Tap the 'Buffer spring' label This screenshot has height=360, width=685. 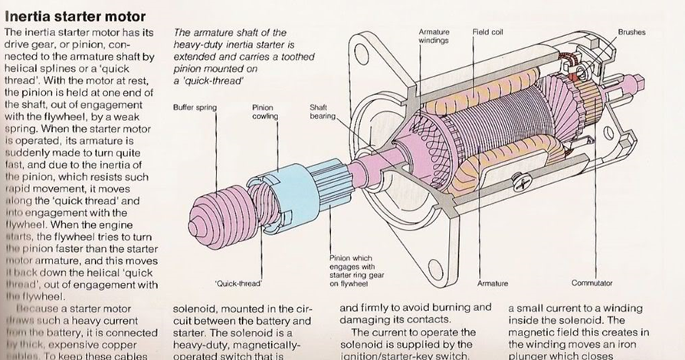195,108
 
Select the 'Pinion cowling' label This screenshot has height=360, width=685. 263,112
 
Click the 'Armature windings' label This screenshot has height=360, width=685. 434,36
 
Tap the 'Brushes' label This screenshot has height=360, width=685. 631,32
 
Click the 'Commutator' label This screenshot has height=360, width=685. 592,283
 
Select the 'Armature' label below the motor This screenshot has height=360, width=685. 492,283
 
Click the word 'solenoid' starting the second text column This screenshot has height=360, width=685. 197,308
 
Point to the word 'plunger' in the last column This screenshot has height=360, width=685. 529,355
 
